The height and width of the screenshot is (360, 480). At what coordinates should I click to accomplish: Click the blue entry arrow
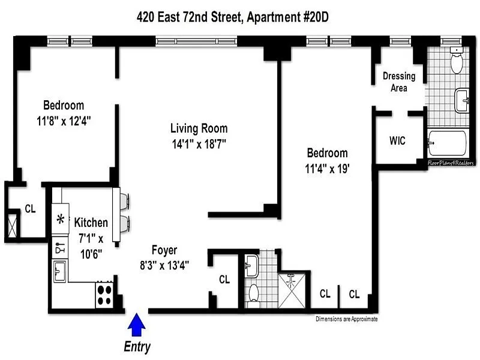(137, 325)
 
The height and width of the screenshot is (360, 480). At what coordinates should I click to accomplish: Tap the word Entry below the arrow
(137, 347)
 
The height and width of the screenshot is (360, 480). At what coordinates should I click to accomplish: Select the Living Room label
(199, 128)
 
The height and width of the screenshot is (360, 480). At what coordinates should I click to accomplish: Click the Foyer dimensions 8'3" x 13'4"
(164, 265)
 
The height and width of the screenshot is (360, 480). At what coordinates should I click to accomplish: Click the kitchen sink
(59, 271)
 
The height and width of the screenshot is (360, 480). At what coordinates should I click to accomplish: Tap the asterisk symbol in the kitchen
(61, 219)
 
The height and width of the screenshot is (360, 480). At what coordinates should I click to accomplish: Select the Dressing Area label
(399, 82)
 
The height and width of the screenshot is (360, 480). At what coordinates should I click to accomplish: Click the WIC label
(397, 141)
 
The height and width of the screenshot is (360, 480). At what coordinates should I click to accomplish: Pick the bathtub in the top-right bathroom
(447, 143)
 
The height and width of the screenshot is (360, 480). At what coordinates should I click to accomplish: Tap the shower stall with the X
(292, 290)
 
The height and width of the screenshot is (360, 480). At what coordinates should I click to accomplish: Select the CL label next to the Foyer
(224, 279)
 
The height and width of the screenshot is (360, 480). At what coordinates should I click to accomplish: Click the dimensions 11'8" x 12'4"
(64, 121)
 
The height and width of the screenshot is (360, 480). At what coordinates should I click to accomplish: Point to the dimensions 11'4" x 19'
(327, 169)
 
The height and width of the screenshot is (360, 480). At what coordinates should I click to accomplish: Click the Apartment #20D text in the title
(288, 17)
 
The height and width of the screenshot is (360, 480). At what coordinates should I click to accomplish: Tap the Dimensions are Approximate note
(347, 319)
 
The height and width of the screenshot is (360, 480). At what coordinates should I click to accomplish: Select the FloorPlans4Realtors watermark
(451, 163)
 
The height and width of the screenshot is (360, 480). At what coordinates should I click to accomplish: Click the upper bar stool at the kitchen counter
(125, 201)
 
